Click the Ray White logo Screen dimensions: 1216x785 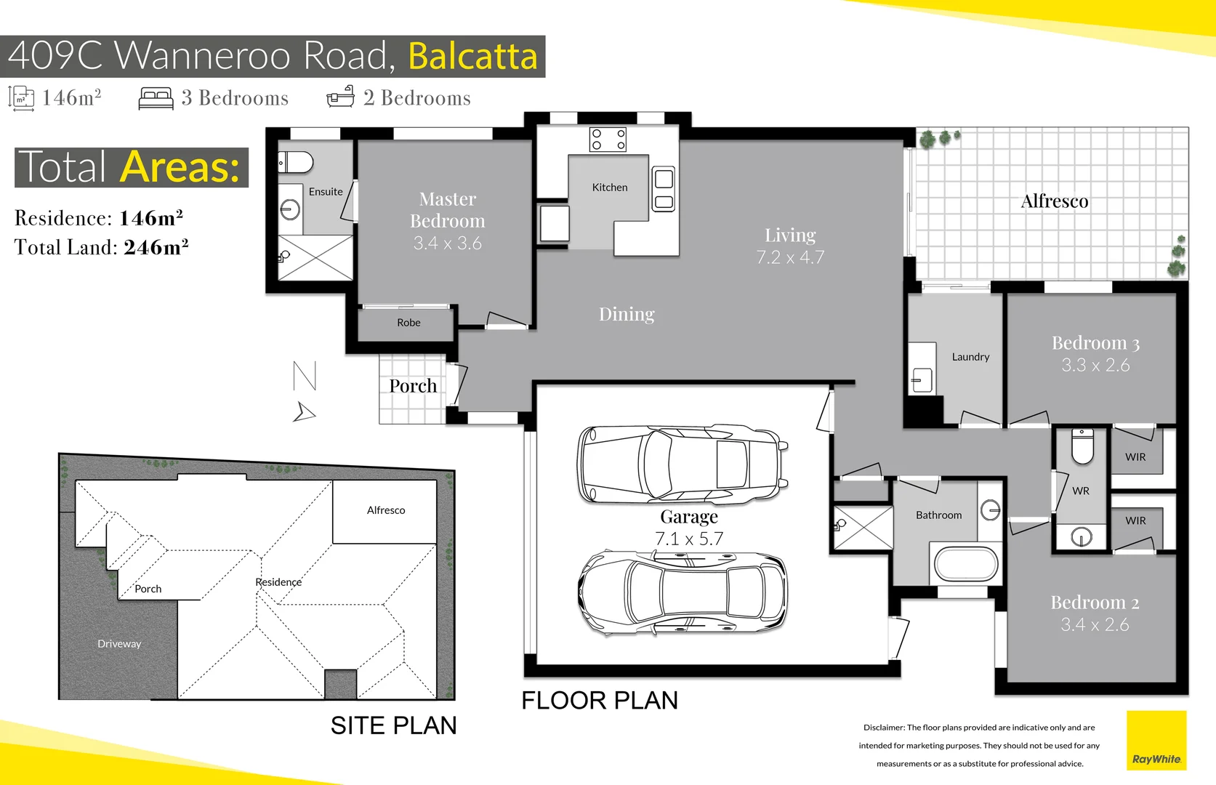pos(1156,740)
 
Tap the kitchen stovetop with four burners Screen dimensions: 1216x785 pos(608,139)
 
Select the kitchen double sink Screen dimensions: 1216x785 pos(664,188)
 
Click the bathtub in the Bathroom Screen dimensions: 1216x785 pos(966,563)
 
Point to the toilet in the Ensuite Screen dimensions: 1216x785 pos(296,162)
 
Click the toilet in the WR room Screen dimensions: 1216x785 pos(1082,446)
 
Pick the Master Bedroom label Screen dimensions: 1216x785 pos(447,210)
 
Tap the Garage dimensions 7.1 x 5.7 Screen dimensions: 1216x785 pos(689,539)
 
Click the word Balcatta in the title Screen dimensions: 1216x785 pos(472,56)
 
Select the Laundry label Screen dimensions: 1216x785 pos(970,357)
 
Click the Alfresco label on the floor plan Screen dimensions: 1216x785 pos(1054,201)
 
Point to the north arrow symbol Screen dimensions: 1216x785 pos(304,412)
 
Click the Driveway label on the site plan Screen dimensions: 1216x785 pos(119,643)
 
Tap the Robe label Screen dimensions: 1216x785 pos(408,323)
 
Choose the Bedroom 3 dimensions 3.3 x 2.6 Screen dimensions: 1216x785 pos(1095,366)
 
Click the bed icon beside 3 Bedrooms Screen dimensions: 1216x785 pos(156,98)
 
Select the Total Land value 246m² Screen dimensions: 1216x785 pos(156,248)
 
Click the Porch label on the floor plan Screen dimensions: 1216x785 pos(413,386)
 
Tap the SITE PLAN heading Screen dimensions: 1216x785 pos(393,725)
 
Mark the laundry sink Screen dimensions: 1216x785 pos(922,379)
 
